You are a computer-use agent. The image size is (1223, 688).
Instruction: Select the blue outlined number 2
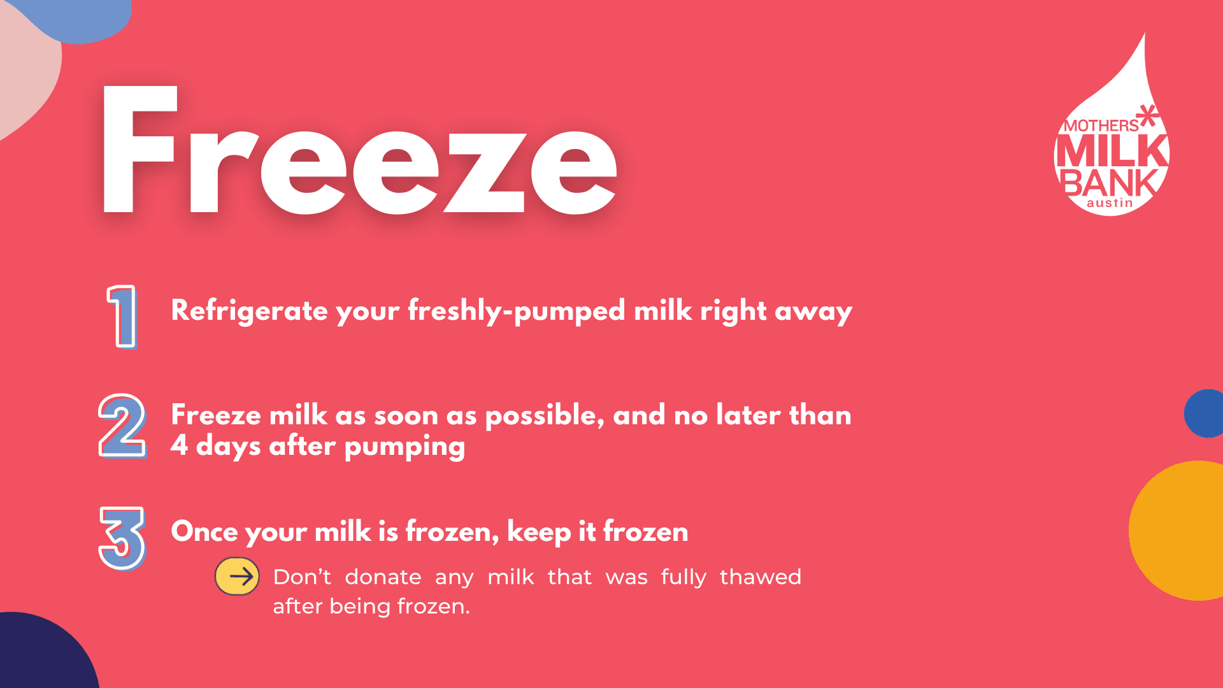(122, 425)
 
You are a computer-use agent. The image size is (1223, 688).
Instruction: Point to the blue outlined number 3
(122, 538)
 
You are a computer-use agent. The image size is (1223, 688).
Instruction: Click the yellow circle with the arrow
(237, 577)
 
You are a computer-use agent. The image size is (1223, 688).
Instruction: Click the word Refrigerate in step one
(250, 311)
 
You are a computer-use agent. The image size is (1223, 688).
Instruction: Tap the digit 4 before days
(179, 445)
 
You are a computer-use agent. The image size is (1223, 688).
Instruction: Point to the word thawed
(761, 577)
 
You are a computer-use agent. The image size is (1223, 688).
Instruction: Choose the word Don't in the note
(302, 577)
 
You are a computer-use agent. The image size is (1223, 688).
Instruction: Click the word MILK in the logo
(1112, 152)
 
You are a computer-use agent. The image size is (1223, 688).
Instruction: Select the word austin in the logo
(1110, 203)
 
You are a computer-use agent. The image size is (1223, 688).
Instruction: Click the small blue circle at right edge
(1205, 413)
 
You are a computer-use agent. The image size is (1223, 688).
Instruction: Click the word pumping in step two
(404, 447)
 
